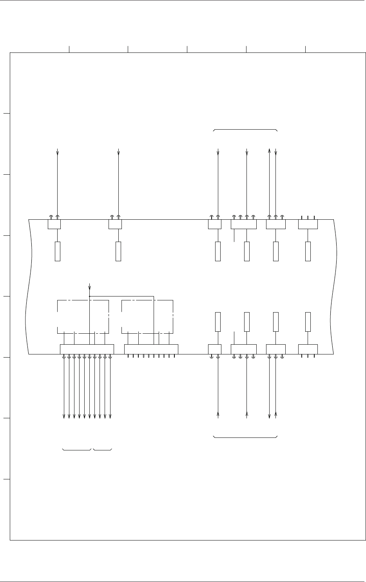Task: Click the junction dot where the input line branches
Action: pyautogui.click(x=90, y=296)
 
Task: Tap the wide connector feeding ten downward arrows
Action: pyautogui.click(x=87, y=349)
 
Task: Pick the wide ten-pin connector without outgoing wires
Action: pyautogui.click(x=151, y=349)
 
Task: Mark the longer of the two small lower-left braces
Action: pyautogui.click(x=77, y=450)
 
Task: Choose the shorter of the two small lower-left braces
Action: pyautogui.click(x=103, y=450)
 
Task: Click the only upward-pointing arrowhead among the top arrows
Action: pyautogui.click(x=269, y=150)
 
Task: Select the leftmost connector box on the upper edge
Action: pyautogui.click(x=54, y=224)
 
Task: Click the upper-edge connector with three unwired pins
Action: pyautogui.click(x=308, y=224)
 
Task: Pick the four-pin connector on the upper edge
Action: pyautogui.click(x=243, y=224)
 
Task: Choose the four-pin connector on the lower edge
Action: pyautogui.click(x=243, y=349)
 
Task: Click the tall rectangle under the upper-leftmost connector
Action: pyautogui.click(x=58, y=251)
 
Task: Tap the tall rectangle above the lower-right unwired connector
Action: pyautogui.click(x=308, y=322)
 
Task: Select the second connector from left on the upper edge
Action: pyautogui.click(x=115, y=224)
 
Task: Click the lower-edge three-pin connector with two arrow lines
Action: pyautogui.click(x=276, y=349)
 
